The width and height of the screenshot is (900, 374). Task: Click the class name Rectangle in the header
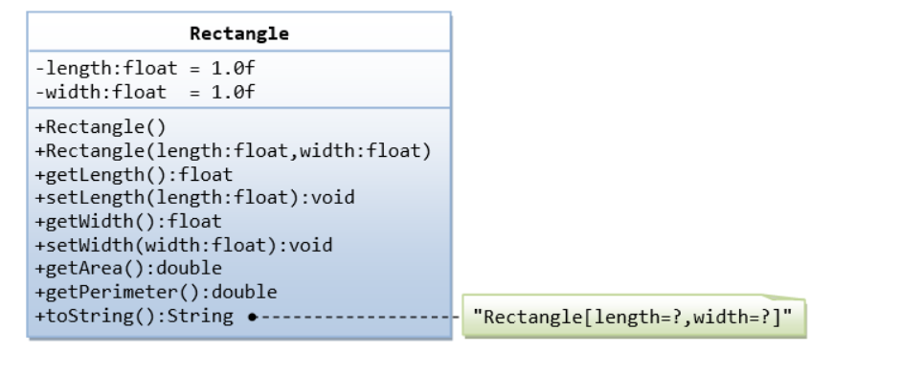(x=238, y=33)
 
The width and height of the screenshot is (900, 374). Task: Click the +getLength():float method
(x=133, y=174)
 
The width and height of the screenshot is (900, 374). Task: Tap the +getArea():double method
(x=127, y=268)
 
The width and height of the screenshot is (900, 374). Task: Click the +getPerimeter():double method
(x=155, y=292)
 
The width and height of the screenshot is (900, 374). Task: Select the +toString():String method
(x=133, y=316)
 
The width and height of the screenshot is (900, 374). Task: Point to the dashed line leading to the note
(x=359, y=316)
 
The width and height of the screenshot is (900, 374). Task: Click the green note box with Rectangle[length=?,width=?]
(x=635, y=317)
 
